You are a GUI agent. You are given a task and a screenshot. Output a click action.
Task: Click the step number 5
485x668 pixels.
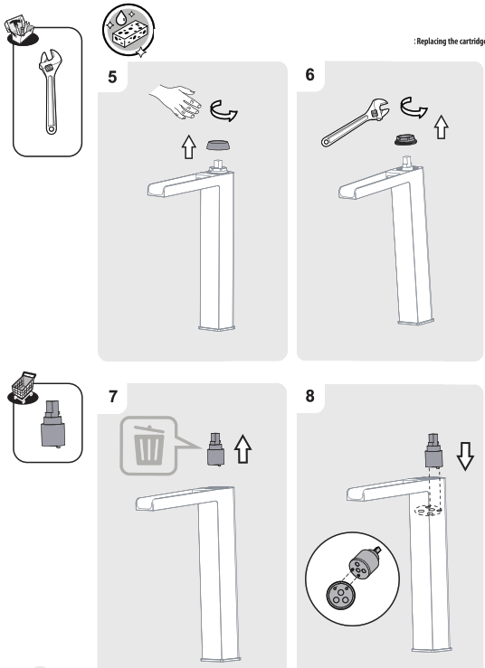tap(112, 77)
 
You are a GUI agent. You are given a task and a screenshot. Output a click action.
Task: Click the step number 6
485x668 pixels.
tap(310, 75)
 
